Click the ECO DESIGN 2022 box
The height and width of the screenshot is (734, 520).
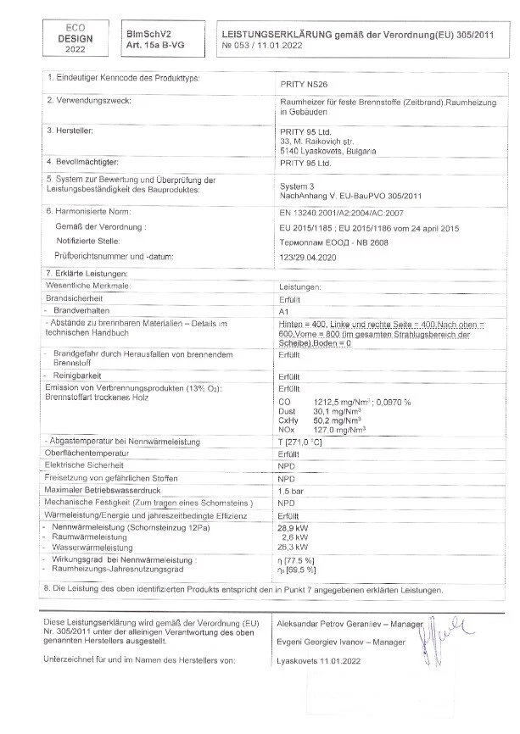72,37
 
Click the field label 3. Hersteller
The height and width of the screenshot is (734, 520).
69,131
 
